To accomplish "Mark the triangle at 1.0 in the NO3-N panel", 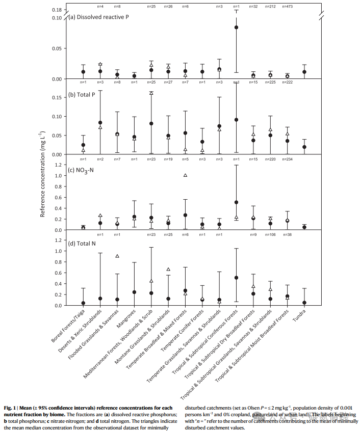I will [x=185, y=175].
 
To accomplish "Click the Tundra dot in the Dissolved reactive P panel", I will [x=304, y=72].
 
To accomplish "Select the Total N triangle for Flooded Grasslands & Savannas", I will [x=117, y=256].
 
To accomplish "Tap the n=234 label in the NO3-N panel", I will [x=288, y=159].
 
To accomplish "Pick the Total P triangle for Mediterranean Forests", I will [x=151, y=93].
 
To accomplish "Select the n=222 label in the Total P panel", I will [x=288, y=83].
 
